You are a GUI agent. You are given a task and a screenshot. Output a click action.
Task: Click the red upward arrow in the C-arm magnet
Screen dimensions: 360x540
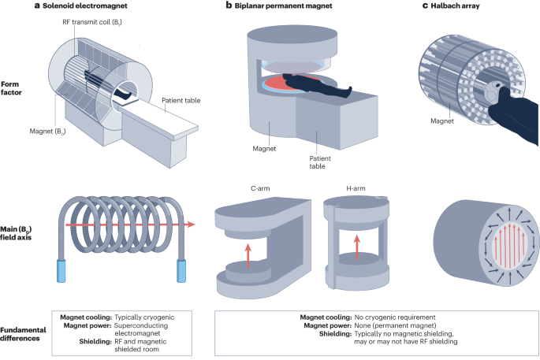[x=249, y=255]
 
